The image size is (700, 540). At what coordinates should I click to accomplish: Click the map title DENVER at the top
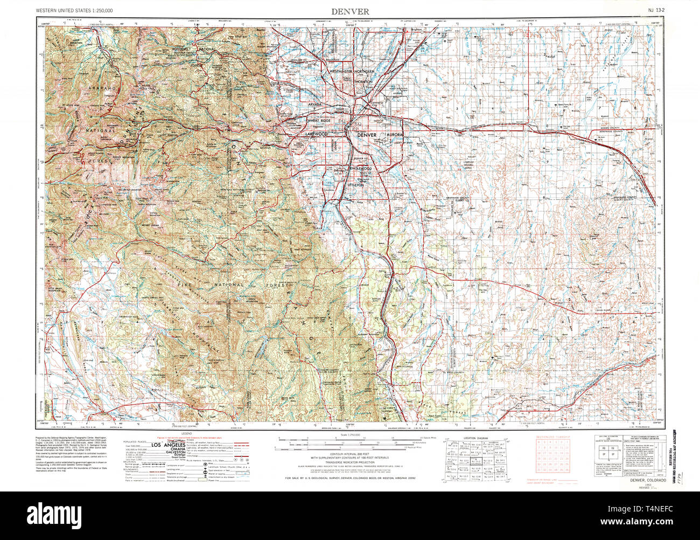[350, 11]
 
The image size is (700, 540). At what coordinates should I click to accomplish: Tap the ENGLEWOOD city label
[360, 169]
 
